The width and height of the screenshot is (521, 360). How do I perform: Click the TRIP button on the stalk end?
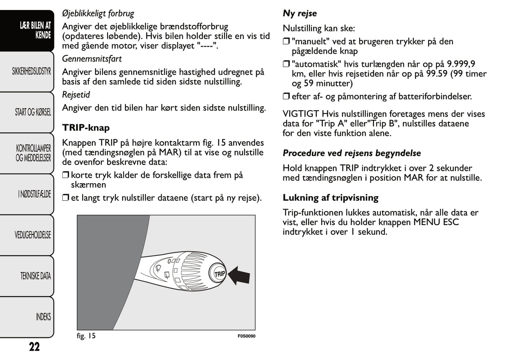pyautogui.click(x=219, y=274)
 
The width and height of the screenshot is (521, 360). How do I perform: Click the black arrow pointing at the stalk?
pyautogui.click(x=239, y=276)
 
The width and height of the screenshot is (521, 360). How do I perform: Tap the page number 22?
pyautogui.click(x=34, y=347)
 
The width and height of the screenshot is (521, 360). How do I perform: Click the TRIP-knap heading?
pyautogui.click(x=86, y=128)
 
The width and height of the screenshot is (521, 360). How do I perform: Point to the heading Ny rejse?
pyautogui.click(x=300, y=13)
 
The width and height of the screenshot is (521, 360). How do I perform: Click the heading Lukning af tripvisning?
pyautogui.click(x=330, y=198)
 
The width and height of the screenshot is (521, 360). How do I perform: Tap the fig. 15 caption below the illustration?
pyautogui.click(x=86, y=336)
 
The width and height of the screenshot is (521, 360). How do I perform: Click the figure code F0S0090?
pyautogui.click(x=246, y=336)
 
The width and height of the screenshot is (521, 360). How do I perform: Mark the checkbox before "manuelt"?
pyautogui.click(x=286, y=42)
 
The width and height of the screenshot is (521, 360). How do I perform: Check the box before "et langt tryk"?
pyautogui.click(x=65, y=198)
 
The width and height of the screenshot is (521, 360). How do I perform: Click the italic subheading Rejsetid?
pyautogui.click(x=76, y=95)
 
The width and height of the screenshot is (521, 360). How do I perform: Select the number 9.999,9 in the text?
pyautogui.click(x=461, y=64)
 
